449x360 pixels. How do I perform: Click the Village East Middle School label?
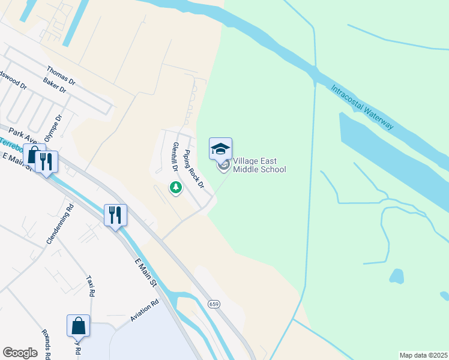[x=259, y=165]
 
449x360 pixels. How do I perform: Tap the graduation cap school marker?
[x=220, y=148]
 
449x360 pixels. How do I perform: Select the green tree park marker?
[x=176, y=188]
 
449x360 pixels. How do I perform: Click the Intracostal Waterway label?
[x=362, y=107]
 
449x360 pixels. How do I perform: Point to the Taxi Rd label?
[x=91, y=286]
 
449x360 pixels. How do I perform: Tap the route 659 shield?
[x=214, y=304]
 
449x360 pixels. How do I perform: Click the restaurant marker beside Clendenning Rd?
[x=115, y=215]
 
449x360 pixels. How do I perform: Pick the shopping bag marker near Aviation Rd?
[x=78, y=326]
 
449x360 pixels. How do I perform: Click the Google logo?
[x=20, y=353]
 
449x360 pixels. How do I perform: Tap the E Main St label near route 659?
[x=145, y=272]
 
